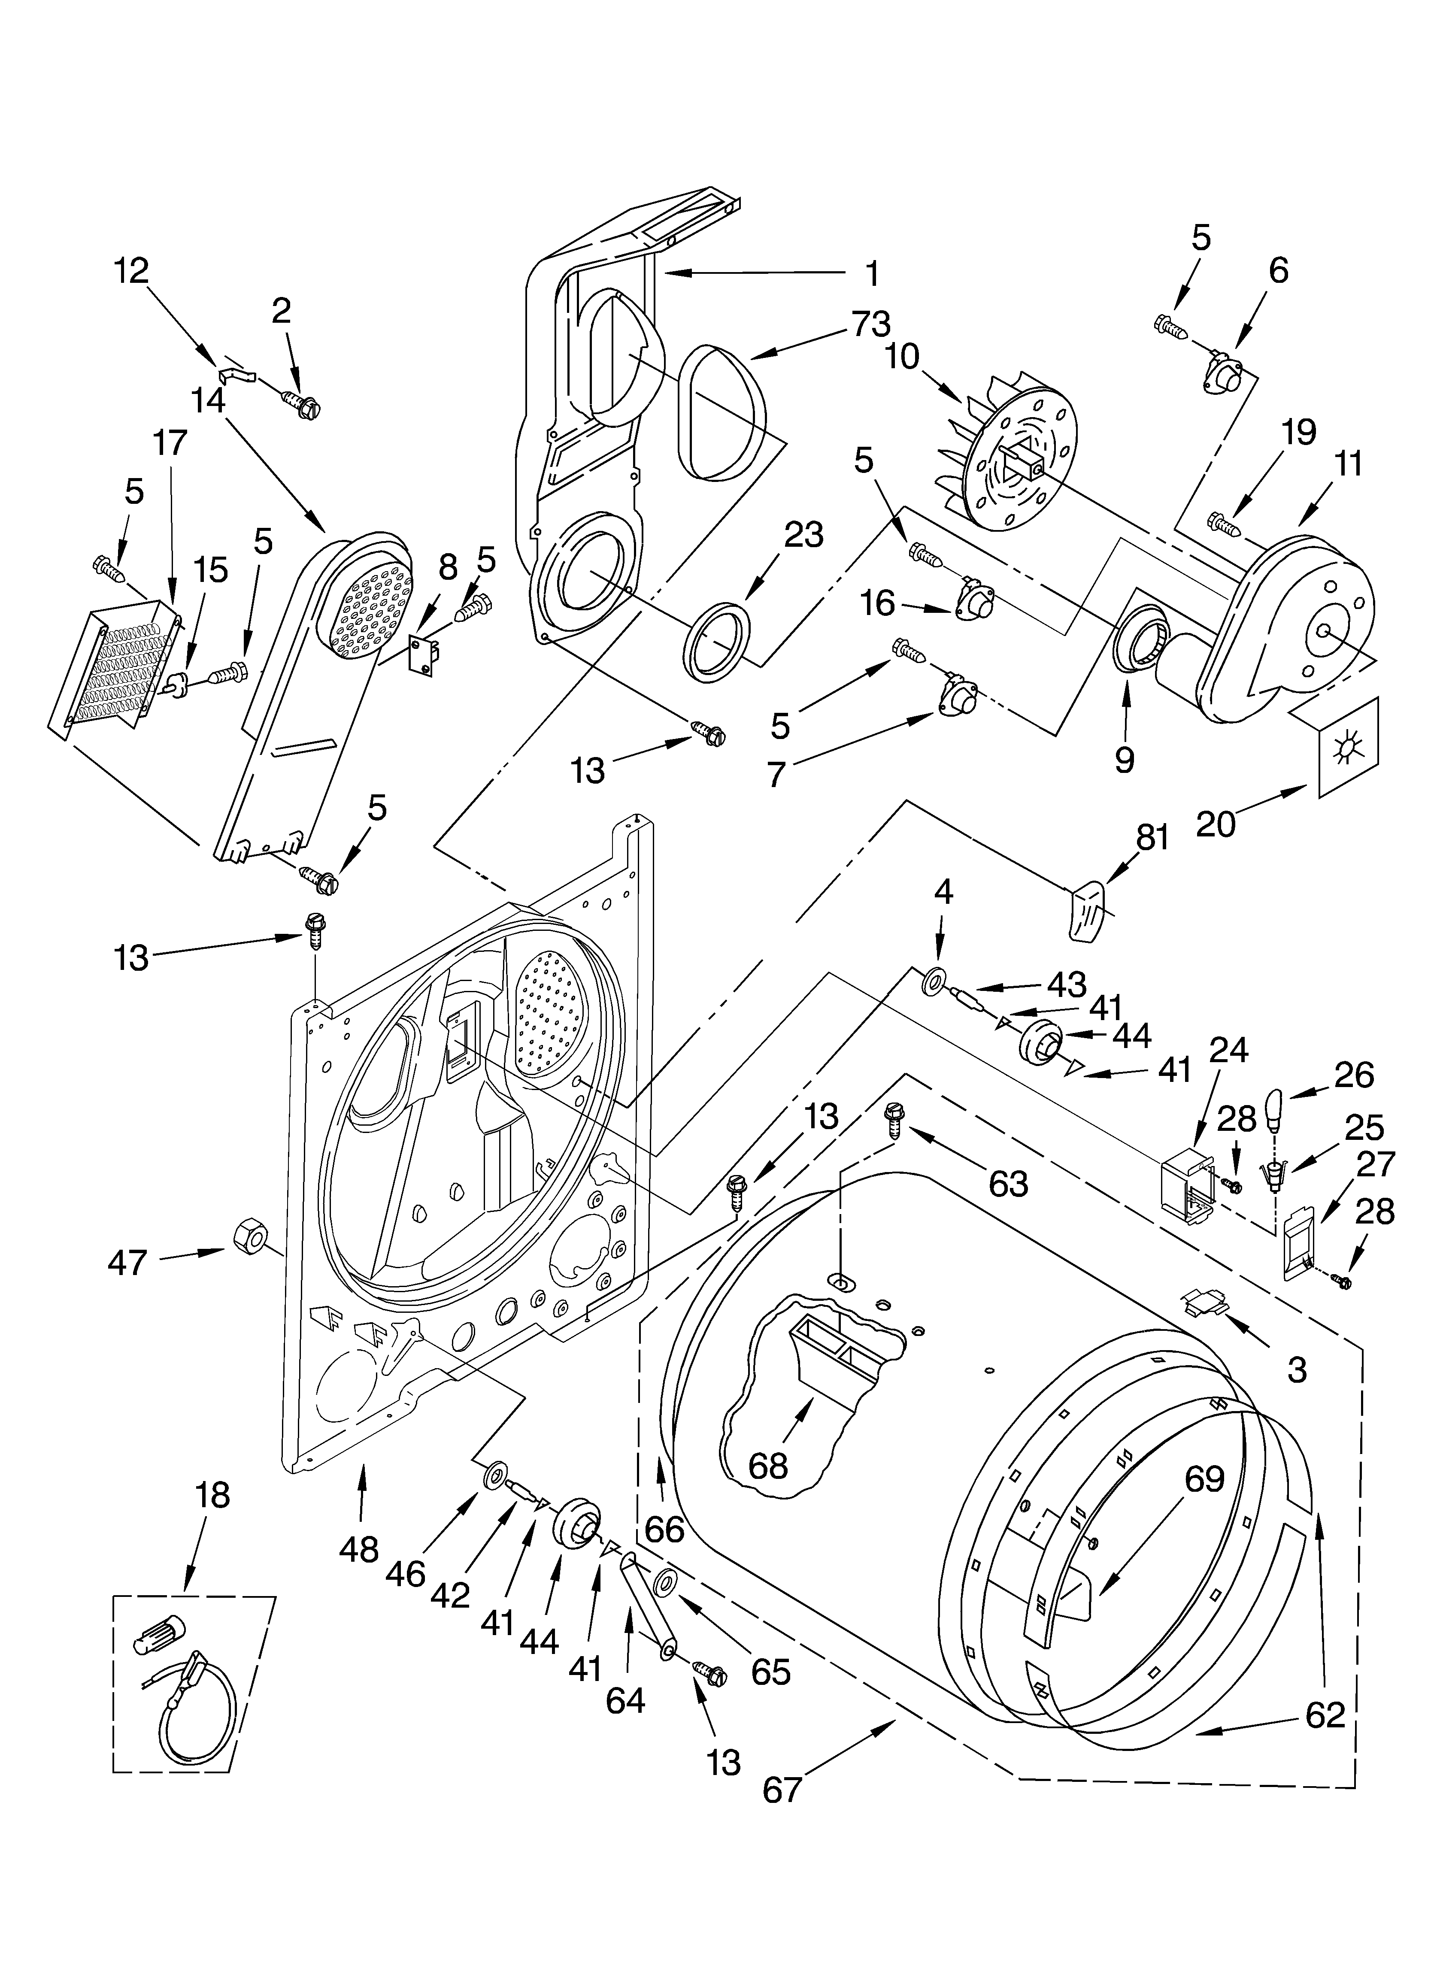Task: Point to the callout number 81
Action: [1152, 839]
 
